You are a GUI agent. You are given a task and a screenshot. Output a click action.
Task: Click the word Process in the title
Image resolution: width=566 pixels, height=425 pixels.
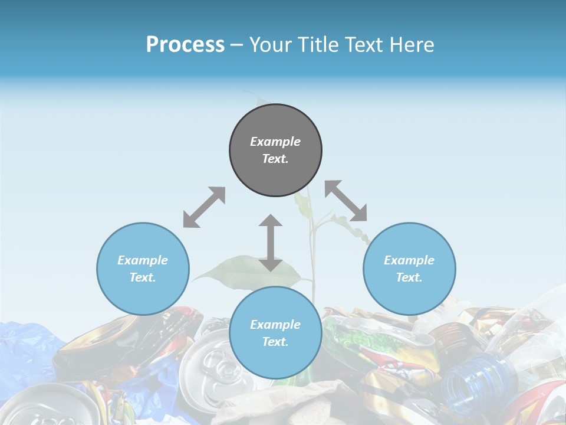click(x=185, y=45)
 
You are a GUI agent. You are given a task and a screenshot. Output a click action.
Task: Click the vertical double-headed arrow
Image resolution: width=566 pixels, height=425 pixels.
click(x=271, y=243)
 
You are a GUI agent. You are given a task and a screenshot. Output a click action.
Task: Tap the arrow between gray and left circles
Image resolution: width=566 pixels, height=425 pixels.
click(x=204, y=207)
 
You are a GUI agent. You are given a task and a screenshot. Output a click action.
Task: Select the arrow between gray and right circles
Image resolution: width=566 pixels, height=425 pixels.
click(x=346, y=201)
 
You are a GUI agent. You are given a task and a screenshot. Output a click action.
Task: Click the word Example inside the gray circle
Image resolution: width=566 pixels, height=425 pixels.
click(x=275, y=142)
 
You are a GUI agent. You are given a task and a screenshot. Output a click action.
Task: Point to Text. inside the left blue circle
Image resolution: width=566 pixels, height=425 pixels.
click(x=143, y=277)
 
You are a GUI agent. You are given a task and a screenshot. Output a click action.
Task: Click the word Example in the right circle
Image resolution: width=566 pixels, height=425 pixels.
click(x=409, y=260)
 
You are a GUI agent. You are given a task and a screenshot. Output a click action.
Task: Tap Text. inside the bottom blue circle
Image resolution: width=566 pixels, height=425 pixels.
click(x=275, y=342)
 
